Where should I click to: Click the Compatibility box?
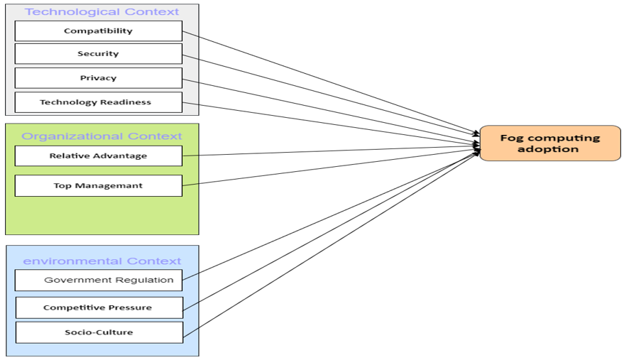tap(98, 31)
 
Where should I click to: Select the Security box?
tap(98, 54)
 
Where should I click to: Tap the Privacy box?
tap(98, 78)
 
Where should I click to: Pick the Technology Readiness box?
tap(98, 102)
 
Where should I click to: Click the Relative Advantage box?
tap(98, 156)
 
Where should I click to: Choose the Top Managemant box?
tap(98, 186)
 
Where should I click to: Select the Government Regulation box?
tap(98, 280)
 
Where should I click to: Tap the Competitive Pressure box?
tap(98, 307)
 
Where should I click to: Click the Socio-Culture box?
tap(98, 332)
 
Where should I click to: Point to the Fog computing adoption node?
tap(550, 143)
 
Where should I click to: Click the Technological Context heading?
tap(102, 12)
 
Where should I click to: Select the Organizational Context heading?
tap(102, 136)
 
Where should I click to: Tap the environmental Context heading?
tap(102, 261)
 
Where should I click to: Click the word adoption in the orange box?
tap(548, 149)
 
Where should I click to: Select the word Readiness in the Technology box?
tap(126, 102)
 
